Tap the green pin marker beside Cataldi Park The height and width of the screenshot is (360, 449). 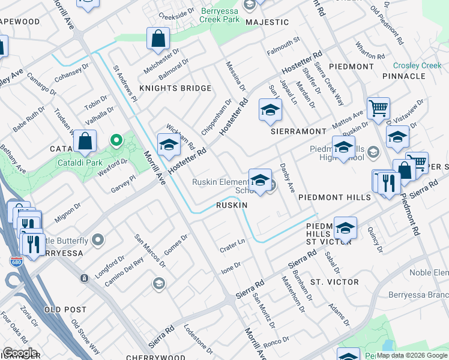[116, 141]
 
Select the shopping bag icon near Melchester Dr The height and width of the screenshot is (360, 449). [158, 39]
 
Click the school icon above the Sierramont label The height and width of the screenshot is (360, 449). [270, 110]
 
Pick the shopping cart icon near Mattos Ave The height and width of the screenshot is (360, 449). [378, 109]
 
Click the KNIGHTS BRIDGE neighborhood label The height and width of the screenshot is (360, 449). [175, 88]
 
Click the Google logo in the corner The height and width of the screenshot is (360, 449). [20, 353]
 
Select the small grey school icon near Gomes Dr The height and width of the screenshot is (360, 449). [159, 283]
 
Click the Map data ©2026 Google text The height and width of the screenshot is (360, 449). [411, 355]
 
